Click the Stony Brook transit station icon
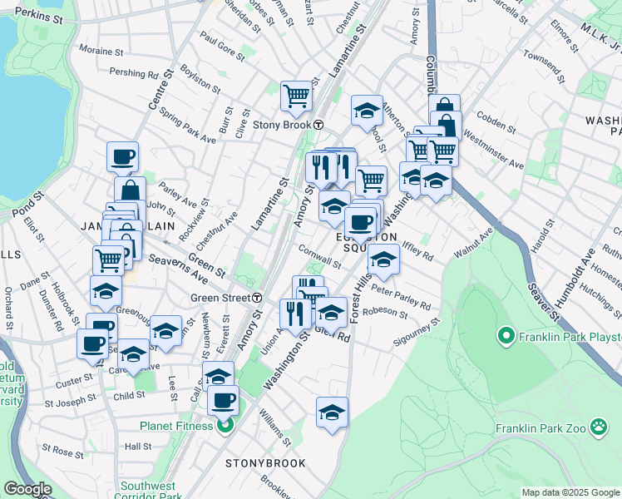pos(318,125)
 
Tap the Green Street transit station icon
pos(258,298)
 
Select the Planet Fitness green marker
pos(225,427)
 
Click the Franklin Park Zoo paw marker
pos(599,427)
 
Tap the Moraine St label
pos(101,51)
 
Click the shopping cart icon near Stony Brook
pos(295,96)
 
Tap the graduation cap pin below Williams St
pos(332,412)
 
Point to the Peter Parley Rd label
pos(402,298)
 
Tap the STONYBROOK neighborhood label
pos(264,462)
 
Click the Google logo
pos(27,489)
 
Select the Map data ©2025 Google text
pos(570,492)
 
